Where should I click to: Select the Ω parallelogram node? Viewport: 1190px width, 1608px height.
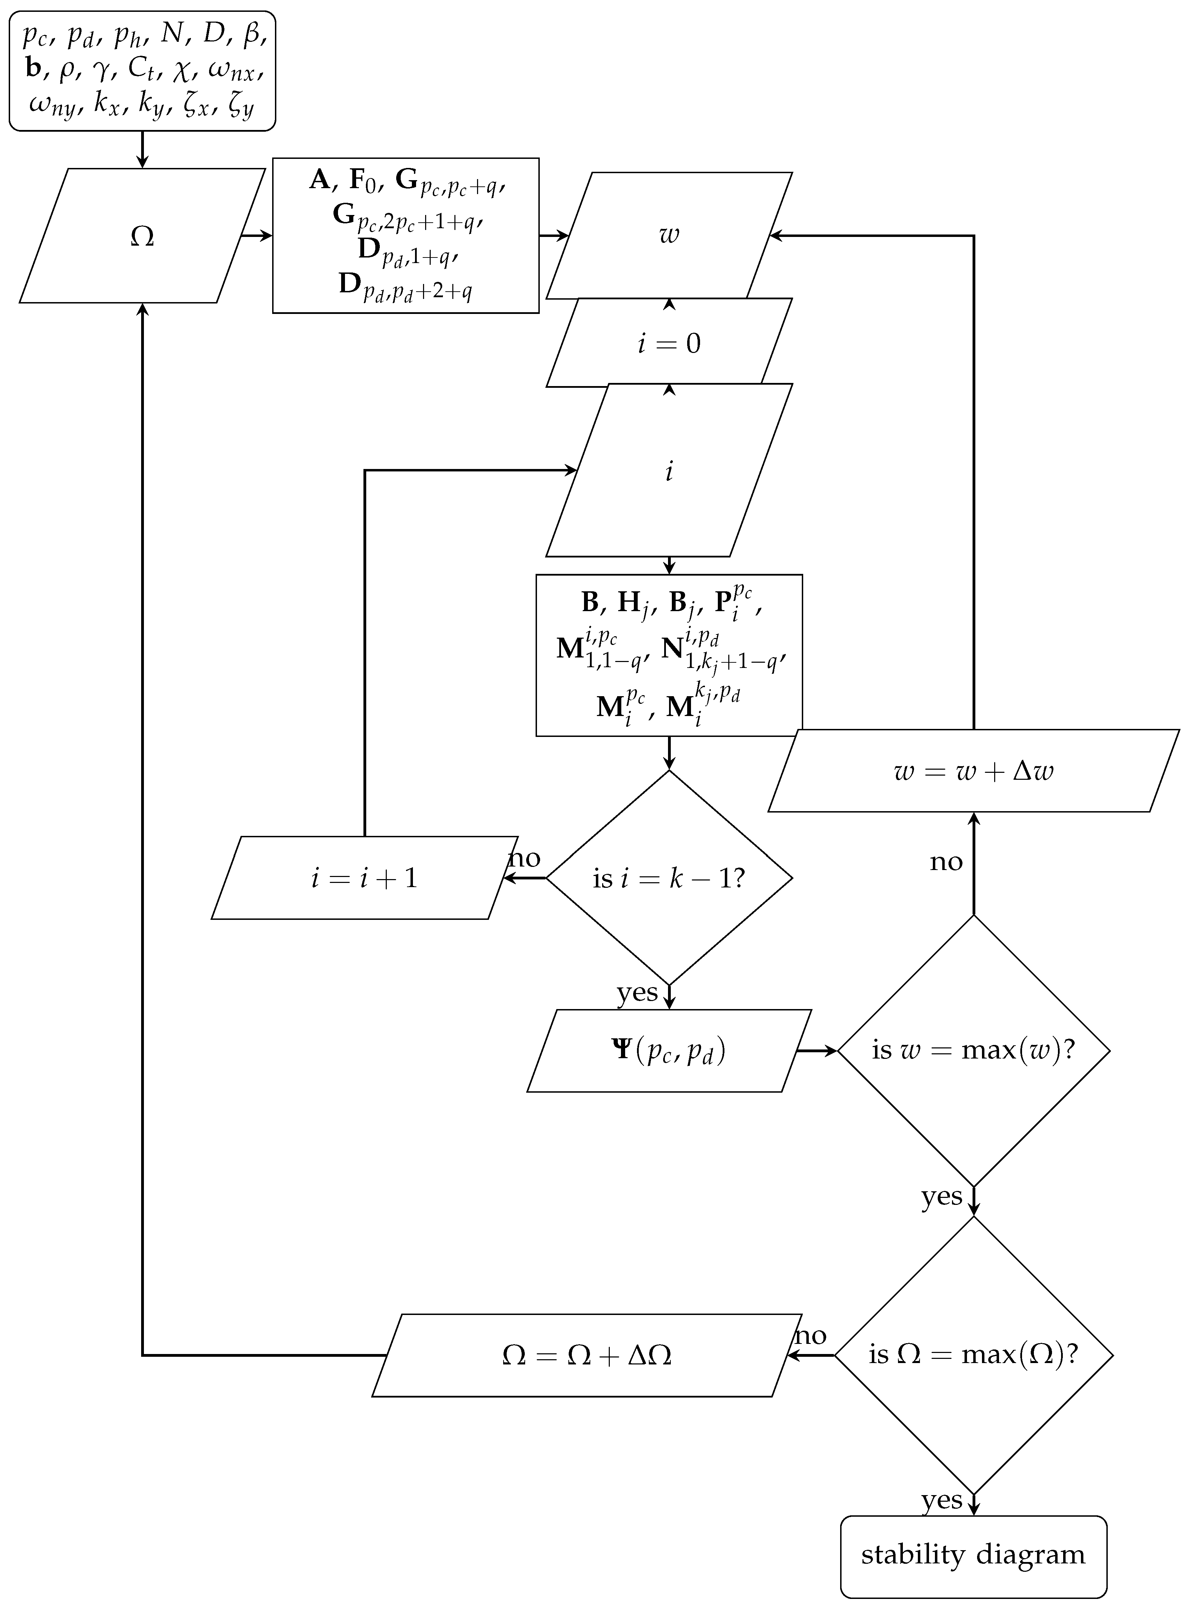(142, 236)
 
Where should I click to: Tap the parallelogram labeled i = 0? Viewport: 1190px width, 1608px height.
(668, 343)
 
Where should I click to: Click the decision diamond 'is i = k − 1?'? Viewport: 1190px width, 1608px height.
(668, 878)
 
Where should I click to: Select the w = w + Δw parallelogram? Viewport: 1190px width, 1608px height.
(973, 770)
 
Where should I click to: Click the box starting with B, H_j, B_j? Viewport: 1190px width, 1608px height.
(668, 655)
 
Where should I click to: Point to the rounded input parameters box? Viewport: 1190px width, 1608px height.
(142, 71)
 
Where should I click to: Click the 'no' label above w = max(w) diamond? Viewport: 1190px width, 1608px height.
(946, 862)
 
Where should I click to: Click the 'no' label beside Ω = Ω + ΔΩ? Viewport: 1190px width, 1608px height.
(811, 1336)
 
